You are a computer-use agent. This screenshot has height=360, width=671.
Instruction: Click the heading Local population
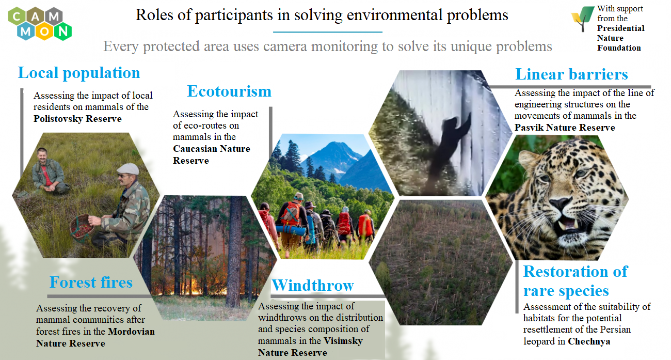[x=79, y=73]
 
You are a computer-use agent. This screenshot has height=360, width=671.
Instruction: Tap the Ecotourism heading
[x=229, y=91]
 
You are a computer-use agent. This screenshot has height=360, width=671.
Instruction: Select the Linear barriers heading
[x=571, y=74]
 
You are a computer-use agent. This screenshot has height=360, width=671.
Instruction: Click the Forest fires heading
[x=91, y=282]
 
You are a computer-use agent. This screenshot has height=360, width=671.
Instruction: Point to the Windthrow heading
[x=313, y=285]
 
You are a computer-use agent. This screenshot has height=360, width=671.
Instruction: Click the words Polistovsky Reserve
[x=77, y=119]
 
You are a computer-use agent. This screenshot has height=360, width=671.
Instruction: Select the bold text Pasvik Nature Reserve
[x=565, y=128]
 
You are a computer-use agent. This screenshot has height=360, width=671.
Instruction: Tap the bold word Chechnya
[x=589, y=341]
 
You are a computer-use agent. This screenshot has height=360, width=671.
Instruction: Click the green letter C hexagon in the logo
[x=17, y=16]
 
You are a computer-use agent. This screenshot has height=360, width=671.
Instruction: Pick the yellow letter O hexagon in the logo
[x=44, y=32]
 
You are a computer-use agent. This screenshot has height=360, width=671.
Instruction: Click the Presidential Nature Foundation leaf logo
[x=582, y=19]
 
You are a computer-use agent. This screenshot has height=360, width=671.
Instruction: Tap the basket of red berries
[x=81, y=227]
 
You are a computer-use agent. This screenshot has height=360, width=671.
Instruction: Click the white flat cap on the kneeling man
[x=128, y=169]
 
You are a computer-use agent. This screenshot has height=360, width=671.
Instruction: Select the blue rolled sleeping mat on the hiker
[x=291, y=230]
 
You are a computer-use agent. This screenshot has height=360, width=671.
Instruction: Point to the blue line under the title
[x=328, y=32]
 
